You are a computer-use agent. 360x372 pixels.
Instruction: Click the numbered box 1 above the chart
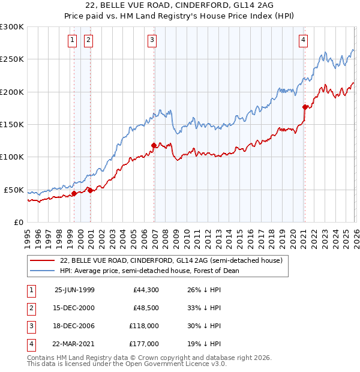72,40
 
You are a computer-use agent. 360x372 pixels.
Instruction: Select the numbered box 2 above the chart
88,40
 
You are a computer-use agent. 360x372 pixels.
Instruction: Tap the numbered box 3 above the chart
152,40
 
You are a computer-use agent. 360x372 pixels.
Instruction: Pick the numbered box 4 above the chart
303,40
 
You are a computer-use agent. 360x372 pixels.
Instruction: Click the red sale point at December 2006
154,145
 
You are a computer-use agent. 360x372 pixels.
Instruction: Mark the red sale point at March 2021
305,107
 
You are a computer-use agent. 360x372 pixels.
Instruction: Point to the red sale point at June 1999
74,193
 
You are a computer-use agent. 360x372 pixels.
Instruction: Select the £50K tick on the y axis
14,190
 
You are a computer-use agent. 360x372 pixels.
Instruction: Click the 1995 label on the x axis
28,234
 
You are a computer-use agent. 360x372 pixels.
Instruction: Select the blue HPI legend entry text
149,271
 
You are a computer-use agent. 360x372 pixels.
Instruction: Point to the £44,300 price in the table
146,290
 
